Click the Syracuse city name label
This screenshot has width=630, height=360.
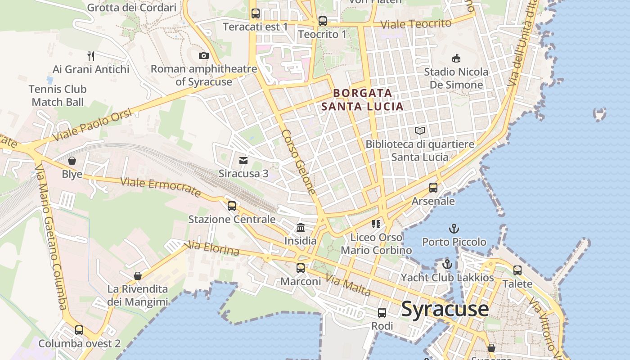[x=445, y=309]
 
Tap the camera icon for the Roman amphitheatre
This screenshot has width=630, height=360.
[x=204, y=55]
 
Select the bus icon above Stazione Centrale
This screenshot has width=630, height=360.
[x=232, y=206]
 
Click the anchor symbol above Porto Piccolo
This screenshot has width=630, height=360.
[x=454, y=229]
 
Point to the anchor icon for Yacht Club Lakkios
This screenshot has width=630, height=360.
[x=447, y=264]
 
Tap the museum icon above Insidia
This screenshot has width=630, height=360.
[x=300, y=227]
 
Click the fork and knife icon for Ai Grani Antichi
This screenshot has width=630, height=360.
[x=91, y=56]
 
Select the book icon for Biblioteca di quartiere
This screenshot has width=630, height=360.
[x=420, y=130]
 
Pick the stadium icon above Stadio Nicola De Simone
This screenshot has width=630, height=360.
[x=456, y=58]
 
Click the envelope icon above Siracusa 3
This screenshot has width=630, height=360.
[x=243, y=160]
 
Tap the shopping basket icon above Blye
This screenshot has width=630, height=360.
[x=72, y=161]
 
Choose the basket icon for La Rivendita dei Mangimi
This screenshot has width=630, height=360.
[x=138, y=275]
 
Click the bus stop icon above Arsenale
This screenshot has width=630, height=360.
[x=433, y=188]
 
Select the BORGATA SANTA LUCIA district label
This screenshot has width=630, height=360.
[x=362, y=100]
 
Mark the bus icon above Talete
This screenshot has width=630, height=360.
[x=517, y=270]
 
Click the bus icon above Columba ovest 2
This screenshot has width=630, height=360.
[x=79, y=330]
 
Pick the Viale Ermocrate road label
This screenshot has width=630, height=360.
[x=161, y=187]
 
